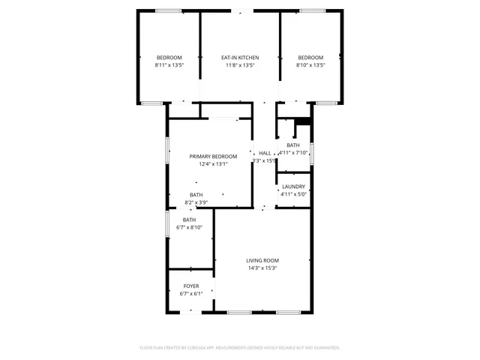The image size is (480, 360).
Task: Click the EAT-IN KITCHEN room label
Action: [240, 58]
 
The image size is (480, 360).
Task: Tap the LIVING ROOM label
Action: [262, 260]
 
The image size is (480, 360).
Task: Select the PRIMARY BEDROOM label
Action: [213, 156]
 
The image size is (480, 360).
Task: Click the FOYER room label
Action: [191, 286]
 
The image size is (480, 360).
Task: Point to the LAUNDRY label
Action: [293, 186]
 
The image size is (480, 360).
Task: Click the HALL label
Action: [265, 153]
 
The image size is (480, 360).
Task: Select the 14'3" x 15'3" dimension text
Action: [262, 268]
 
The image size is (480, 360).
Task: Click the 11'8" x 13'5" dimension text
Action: [240, 65]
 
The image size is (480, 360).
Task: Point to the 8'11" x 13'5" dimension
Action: [169, 65]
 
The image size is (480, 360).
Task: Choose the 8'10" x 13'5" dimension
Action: [310, 65]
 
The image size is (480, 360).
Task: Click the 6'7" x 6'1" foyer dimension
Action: [191, 294]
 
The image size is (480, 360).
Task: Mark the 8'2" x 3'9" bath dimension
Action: [196, 202]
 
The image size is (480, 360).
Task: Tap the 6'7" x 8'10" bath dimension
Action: [190, 227]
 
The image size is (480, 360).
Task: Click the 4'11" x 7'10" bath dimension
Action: [294, 152]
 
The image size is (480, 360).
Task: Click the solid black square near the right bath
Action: [303, 123]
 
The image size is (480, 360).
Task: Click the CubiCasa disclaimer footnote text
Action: [240, 347]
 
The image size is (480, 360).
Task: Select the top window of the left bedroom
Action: [169, 10]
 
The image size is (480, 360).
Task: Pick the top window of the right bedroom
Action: [312, 10]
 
